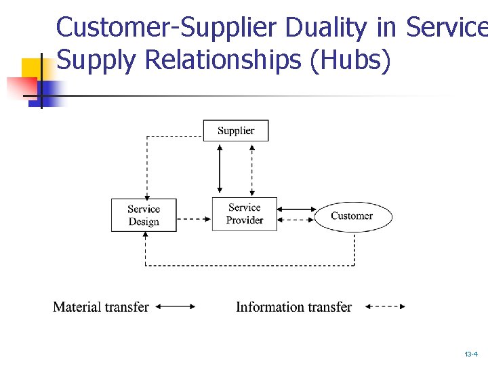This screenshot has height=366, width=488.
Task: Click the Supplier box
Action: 236,131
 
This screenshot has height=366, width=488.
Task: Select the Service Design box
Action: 144,215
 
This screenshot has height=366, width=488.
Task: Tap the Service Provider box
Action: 245,214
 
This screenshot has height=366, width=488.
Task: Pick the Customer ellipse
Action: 352,216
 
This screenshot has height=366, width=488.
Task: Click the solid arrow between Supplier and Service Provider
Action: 219,169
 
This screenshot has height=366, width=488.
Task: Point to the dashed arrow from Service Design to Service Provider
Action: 195,219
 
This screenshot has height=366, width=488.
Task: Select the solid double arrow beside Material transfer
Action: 175,307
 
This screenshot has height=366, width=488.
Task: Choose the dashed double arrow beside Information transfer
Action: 385,307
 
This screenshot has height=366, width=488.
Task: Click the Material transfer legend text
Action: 101,307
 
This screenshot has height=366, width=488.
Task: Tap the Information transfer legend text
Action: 293,307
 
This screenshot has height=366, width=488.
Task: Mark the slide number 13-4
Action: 471,354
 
